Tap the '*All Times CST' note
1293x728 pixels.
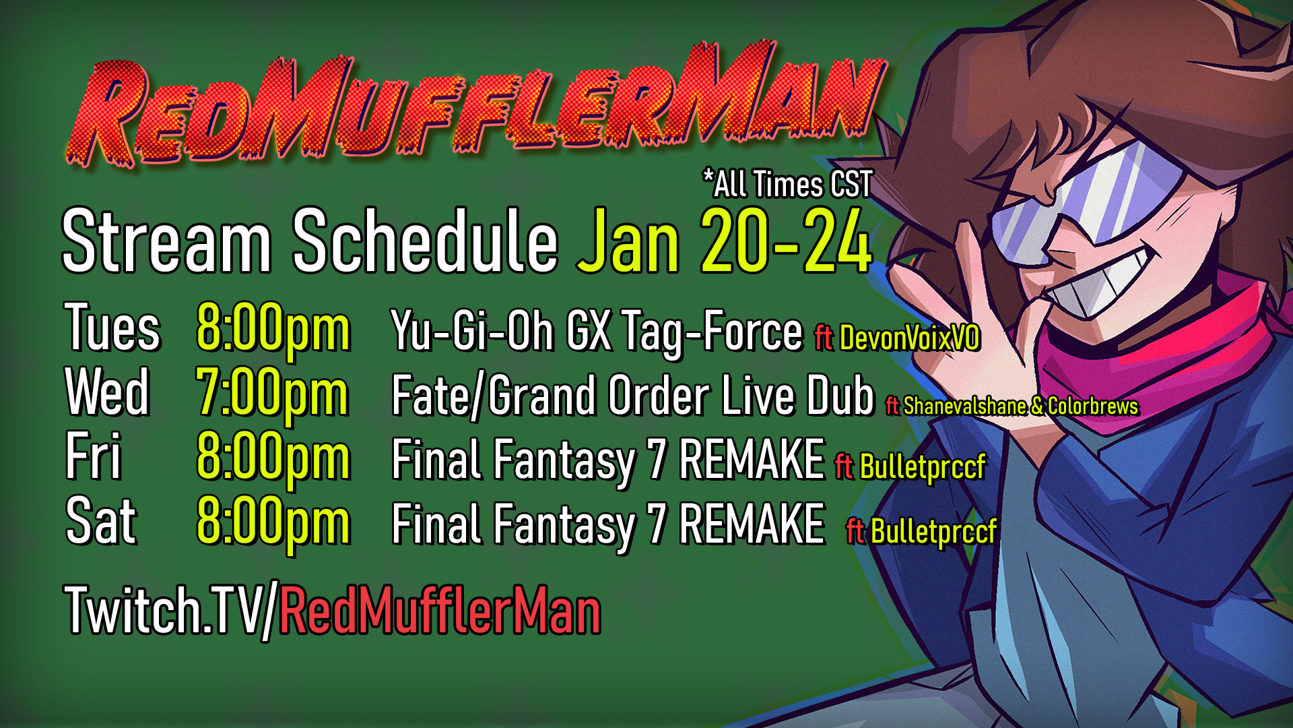[x=787, y=184]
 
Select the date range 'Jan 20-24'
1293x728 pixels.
[x=725, y=241]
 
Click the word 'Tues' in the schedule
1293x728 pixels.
[x=112, y=328]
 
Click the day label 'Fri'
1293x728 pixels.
[x=93, y=456]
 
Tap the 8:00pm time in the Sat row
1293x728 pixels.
[x=273, y=523]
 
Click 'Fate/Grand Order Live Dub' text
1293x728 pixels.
[x=632, y=396]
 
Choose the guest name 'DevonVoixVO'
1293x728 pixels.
[x=909, y=338]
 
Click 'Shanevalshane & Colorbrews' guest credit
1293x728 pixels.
[x=1020, y=406]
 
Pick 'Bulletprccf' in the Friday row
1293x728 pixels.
[x=923, y=467]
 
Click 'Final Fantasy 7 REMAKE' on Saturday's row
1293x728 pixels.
[x=608, y=524]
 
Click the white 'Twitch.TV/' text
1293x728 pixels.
[x=171, y=611]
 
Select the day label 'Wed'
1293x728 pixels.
[x=107, y=392]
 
